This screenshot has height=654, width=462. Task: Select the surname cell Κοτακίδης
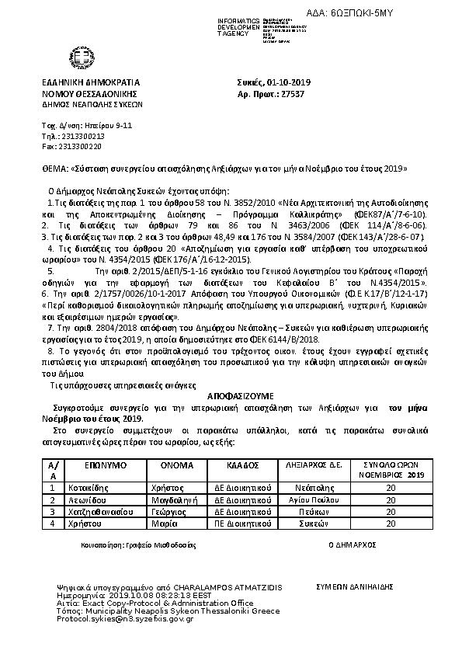(x=92, y=488)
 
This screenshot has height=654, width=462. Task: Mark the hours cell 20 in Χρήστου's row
(x=391, y=524)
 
